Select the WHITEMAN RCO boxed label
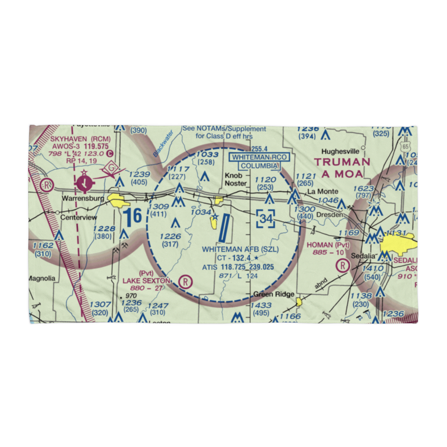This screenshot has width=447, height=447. (x=259, y=157)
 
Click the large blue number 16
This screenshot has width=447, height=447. (x=133, y=216)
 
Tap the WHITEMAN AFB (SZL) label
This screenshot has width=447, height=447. (x=240, y=249)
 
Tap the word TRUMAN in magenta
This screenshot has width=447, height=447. (x=342, y=162)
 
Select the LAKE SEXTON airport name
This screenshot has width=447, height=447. (x=146, y=280)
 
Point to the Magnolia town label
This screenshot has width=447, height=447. (x=42, y=278)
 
